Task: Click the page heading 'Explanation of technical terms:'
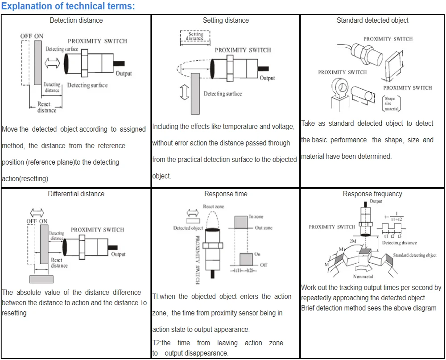[68, 6]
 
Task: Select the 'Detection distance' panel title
[76, 20]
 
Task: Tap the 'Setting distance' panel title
[226, 20]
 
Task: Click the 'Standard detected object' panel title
[372, 20]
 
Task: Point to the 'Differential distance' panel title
[76, 194]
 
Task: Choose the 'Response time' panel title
[226, 194]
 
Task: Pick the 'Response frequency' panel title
[372, 194]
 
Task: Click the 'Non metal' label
[363, 277]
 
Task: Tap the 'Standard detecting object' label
[415, 255]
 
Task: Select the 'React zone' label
[214, 207]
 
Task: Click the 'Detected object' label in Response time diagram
[188, 228]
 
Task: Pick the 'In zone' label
[256, 216]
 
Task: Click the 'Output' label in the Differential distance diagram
[118, 254]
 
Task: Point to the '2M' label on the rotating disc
[353, 241]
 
